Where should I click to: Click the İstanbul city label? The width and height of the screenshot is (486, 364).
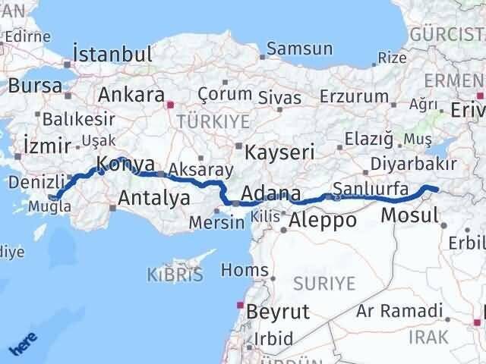click(x=112, y=55)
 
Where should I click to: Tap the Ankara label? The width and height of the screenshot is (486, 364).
click(x=131, y=96)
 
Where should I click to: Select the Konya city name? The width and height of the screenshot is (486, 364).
click(x=126, y=164)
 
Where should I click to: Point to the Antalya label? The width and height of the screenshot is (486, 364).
click(x=155, y=199)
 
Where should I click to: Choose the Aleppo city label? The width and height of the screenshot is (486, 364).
click(x=323, y=221)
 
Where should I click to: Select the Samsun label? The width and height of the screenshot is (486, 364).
click(x=300, y=49)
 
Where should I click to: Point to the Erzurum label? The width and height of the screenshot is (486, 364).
click(x=353, y=97)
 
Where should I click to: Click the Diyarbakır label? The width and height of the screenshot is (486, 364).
click(x=413, y=165)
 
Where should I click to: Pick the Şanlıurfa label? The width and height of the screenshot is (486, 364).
click(x=371, y=188)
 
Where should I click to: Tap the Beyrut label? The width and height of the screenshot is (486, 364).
click(x=274, y=311)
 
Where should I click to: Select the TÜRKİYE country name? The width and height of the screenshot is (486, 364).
click(x=203, y=121)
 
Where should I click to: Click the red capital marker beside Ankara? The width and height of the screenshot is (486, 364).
click(x=172, y=105)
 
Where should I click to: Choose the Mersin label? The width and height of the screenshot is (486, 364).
click(x=218, y=223)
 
